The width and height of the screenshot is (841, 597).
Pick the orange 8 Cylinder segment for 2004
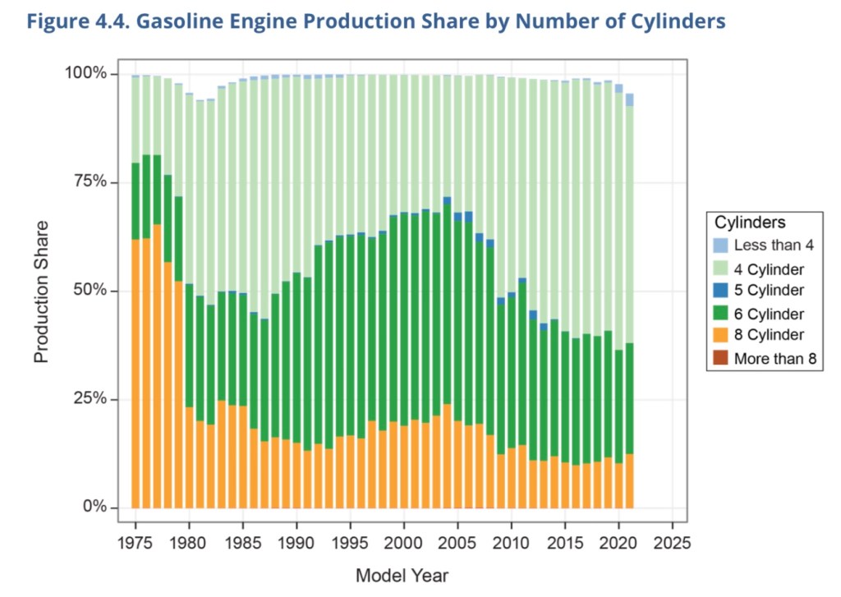447,456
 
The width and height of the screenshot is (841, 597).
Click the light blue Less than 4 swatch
720,246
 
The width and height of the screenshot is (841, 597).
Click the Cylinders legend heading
751,223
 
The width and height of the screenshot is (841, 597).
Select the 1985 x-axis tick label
242,543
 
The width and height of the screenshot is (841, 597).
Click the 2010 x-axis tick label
511,543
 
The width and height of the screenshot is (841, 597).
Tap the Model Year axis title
402,575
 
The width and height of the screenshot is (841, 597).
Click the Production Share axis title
42,291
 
